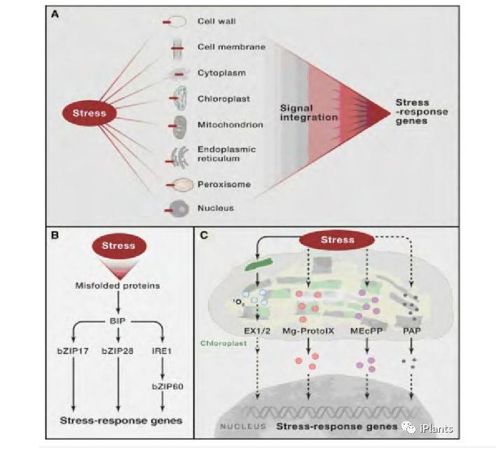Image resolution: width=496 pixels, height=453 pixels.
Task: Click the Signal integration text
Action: pos(305,113)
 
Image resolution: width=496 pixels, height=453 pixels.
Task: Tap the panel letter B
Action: pos(55,236)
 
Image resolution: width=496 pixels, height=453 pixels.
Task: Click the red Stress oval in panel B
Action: pos(118,246)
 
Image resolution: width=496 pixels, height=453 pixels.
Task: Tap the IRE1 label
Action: pos(163,347)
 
